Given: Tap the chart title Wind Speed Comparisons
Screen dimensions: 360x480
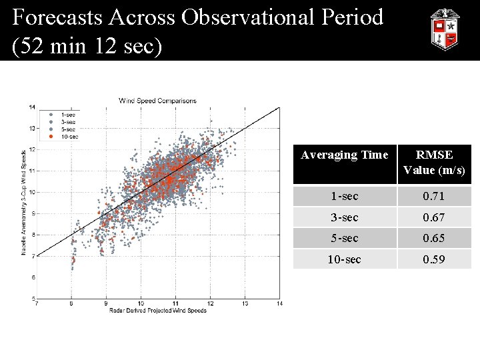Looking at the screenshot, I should click(x=157, y=101).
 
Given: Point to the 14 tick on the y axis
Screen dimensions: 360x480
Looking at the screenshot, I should click(x=32, y=107).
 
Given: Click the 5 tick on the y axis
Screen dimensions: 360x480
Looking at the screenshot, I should click(x=33, y=298).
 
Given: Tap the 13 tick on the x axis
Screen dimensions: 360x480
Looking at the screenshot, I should click(x=245, y=304).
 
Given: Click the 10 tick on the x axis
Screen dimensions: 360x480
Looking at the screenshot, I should click(x=141, y=304).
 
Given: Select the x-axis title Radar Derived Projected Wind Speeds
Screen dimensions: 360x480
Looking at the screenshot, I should click(x=157, y=311).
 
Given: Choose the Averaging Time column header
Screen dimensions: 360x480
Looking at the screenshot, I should click(x=344, y=155).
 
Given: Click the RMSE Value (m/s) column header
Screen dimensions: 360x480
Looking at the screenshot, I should click(x=434, y=163).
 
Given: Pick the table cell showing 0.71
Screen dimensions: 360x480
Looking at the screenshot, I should click(x=434, y=197).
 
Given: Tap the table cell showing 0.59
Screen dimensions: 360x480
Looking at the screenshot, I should click(x=434, y=259).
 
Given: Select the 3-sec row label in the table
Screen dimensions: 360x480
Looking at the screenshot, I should click(x=344, y=217).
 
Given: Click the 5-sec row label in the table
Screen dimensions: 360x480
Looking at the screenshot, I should click(x=344, y=238).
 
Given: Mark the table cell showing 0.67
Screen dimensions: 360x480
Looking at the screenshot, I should click(x=434, y=217).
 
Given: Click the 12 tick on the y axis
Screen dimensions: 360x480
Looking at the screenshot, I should click(x=32, y=149).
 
